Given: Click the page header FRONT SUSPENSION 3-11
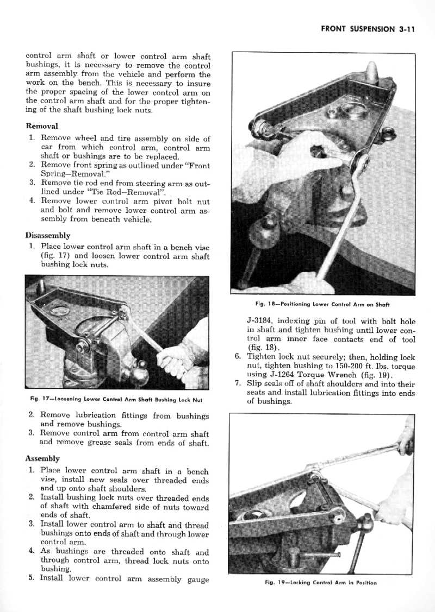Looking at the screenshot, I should [368, 29].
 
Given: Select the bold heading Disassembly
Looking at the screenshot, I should [48, 235].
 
